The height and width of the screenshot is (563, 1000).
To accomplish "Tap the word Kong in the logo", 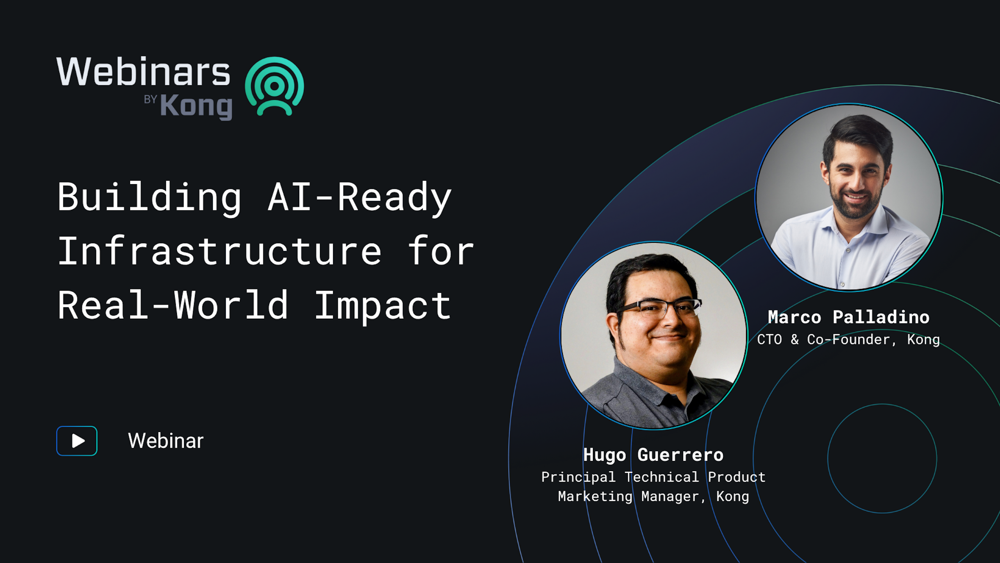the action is (x=196, y=106).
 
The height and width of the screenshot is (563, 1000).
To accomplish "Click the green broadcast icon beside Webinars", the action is (x=274, y=86).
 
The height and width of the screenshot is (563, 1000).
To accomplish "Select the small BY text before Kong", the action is (x=150, y=100).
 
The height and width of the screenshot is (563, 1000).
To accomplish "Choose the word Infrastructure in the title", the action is (x=220, y=251).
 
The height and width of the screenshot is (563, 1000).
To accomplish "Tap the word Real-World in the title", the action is (x=173, y=305).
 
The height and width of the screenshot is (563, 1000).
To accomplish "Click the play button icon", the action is (x=77, y=441).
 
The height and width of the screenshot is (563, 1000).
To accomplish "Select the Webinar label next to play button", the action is (x=166, y=441).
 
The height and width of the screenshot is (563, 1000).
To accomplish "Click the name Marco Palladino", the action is (x=848, y=317).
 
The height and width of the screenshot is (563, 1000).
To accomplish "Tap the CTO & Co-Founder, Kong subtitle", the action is (x=848, y=340).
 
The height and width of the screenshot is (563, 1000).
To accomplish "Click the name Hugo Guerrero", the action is (x=654, y=455).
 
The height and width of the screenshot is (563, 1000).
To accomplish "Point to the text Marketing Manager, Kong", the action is (x=654, y=497).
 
